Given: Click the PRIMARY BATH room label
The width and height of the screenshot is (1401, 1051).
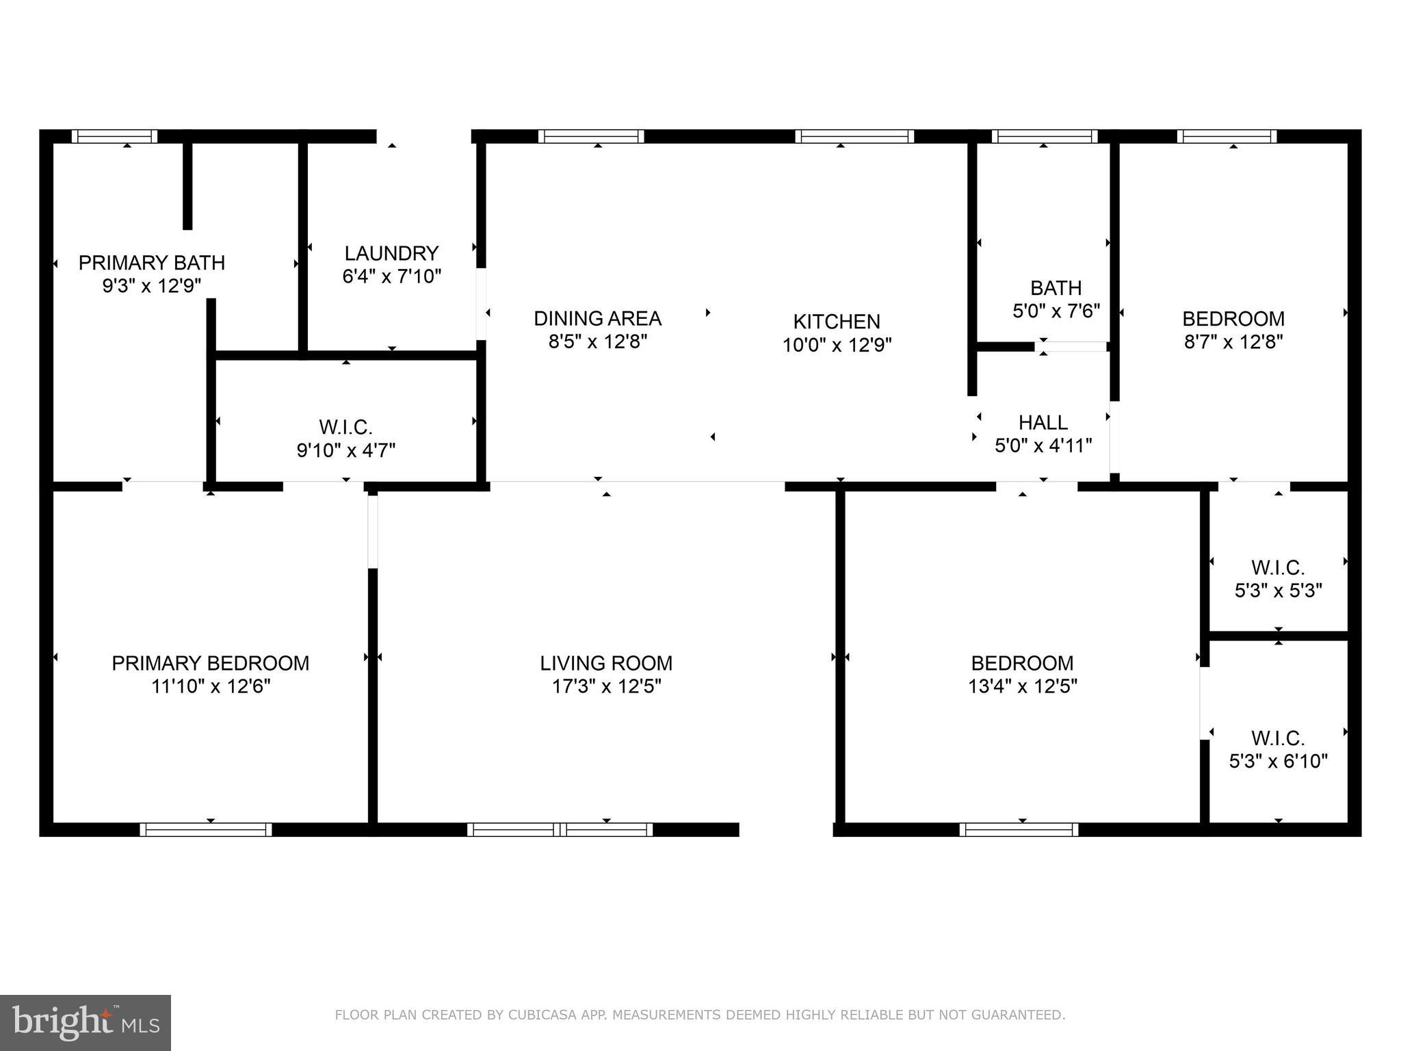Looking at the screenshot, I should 151,263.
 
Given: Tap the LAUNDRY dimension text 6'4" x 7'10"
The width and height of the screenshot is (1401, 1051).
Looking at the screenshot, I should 391,276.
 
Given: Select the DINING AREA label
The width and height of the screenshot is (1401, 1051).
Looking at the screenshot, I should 597,318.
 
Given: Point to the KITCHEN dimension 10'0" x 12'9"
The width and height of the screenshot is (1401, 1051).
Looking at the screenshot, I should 837,345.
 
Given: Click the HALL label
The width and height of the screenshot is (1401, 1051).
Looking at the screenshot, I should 1043,422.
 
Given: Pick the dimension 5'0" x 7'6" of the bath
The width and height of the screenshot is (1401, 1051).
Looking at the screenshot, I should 1056,311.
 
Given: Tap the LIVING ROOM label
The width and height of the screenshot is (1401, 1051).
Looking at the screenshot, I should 606,663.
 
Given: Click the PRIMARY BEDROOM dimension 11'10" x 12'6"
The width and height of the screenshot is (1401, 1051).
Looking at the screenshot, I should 211,686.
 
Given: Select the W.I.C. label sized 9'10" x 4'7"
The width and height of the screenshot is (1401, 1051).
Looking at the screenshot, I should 345,428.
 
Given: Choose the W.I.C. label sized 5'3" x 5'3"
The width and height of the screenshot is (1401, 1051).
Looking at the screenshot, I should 1278,568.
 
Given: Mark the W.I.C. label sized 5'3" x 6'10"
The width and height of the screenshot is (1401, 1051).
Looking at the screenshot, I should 1278,738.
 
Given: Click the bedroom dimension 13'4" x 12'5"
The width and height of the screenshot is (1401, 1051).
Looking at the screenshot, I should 1022,686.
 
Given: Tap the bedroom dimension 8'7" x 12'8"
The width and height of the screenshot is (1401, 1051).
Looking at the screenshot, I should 1233,341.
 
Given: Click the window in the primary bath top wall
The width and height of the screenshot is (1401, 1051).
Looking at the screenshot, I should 115,136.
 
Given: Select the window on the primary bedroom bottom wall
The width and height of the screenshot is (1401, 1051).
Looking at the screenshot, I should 206,829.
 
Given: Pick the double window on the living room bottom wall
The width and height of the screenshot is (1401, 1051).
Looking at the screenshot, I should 560,829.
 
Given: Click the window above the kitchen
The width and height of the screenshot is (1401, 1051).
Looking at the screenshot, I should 854,136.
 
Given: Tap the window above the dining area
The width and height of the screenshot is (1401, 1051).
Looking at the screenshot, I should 591,136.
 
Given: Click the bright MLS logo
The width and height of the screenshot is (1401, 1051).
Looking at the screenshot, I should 85,1023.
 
